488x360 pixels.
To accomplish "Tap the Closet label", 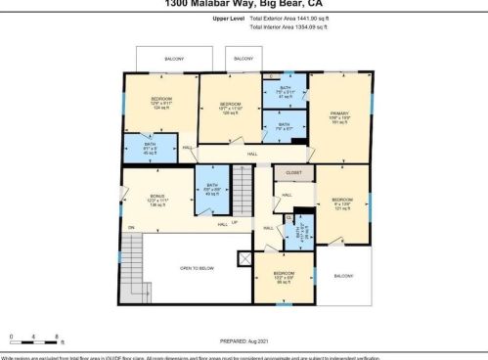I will [293, 172].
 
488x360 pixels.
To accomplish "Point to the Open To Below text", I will [197, 267].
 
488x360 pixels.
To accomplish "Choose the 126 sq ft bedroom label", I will [230, 104].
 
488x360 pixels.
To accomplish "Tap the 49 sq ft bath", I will [211, 186].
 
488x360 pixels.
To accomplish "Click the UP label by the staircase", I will [234, 221].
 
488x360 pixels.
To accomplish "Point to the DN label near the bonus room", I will [130, 228].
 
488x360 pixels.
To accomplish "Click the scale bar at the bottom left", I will [34, 340].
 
